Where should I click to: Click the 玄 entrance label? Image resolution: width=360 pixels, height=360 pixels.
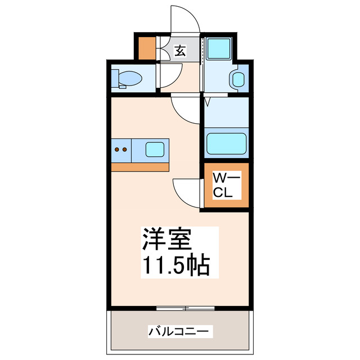179,51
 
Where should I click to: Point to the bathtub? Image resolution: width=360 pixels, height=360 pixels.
226,143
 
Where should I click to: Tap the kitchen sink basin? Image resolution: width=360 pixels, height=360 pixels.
155,150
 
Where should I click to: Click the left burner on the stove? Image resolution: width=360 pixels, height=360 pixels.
117,150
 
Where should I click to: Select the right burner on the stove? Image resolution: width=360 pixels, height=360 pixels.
124,150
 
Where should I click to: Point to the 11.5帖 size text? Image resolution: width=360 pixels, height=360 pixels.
175,265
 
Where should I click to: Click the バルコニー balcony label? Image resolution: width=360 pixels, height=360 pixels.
181,331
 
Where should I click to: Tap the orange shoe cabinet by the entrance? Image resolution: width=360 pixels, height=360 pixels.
145,48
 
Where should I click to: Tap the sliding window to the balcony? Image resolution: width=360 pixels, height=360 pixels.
186,308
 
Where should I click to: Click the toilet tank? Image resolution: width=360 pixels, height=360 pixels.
115,78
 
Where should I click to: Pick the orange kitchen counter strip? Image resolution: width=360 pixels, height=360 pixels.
140,167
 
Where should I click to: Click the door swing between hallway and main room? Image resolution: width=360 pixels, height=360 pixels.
186,110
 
